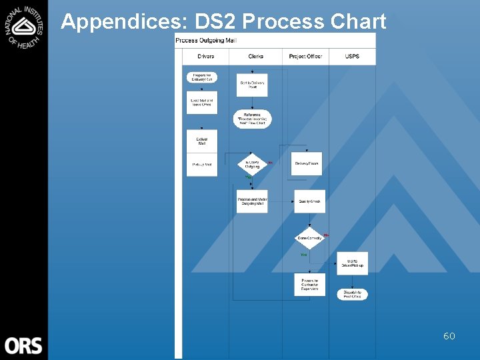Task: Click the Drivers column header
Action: tap(206, 57)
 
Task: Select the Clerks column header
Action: tap(256, 57)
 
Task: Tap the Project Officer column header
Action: tap(305, 57)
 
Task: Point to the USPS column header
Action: tap(353, 57)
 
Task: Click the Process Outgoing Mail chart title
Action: tap(206, 41)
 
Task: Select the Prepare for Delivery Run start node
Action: tap(202, 77)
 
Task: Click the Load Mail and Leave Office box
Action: tap(202, 102)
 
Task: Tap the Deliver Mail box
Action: tap(202, 141)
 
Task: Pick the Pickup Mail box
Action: tap(202, 164)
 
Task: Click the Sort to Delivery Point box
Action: tap(252, 85)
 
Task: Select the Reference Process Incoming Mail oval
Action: tap(253, 119)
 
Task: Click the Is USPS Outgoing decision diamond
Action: tap(253, 164)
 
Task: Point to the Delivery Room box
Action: tap(306, 163)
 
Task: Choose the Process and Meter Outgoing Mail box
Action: tap(252, 201)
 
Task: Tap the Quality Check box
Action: tap(309, 201)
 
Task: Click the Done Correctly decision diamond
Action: tap(309, 238)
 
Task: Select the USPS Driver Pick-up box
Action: tap(352, 263)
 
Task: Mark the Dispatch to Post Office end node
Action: tap(352, 294)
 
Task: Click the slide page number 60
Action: tap(449, 336)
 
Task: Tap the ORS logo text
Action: tap(23, 345)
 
